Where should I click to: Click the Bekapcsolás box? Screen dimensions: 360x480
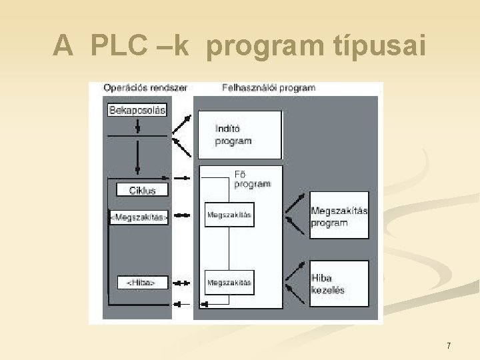(x=137, y=109)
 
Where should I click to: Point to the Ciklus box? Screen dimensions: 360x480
(x=142, y=190)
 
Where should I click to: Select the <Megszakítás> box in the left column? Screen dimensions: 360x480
(x=139, y=217)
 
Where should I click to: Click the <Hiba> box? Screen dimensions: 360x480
(x=141, y=283)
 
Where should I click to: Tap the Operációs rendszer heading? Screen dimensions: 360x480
(x=145, y=87)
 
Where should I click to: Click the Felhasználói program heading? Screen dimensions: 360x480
(x=268, y=87)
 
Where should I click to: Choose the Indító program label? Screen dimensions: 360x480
(x=233, y=135)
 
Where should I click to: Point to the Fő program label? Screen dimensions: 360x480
(x=252, y=179)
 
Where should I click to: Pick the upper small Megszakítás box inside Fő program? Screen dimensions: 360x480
(x=229, y=215)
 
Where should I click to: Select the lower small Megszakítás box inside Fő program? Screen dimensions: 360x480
(x=229, y=283)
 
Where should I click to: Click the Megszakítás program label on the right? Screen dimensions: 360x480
(x=339, y=217)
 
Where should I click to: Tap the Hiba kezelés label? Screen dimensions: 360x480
(x=327, y=283)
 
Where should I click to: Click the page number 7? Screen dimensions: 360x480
(x=449, y=345)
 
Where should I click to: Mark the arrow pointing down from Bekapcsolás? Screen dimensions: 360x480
(x=137, y=126)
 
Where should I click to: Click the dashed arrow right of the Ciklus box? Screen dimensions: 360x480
(x=181, y=179)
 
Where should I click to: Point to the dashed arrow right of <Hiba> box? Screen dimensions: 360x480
(x=181, y=283)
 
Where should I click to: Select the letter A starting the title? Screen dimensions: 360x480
(x=62, y=45)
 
